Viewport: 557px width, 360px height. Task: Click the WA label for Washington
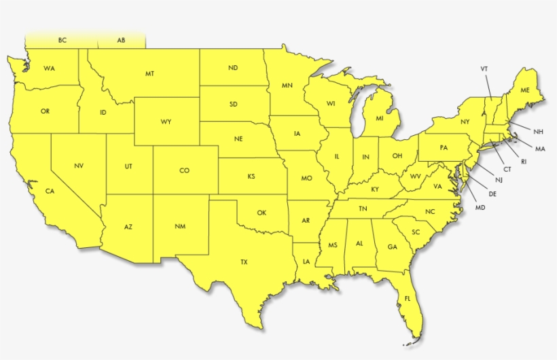(x=49, y=69)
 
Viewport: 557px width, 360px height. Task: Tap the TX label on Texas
(x=244, y=262)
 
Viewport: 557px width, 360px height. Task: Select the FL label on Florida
(x=408, y=299)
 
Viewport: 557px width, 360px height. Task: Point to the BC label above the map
(x=62, y=41)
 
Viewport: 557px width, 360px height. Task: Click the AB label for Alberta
(x=121, y=41)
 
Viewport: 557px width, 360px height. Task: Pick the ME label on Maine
(x=525, y=90)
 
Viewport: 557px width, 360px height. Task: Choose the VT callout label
(x=484, y=69)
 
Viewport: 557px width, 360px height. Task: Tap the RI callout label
(x=524, y=162)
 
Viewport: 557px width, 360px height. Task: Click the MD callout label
(x=480, y=207)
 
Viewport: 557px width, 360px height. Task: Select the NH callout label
(x=538, y=132)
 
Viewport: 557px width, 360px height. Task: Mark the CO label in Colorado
(x=184, y=170)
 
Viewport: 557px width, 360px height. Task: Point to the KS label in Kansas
(x=251, y=177)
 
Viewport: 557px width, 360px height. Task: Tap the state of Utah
(x=128, y=166)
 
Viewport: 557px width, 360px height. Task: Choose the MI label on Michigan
(x=379, y=119)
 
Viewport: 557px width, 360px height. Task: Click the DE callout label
(x=493, y=194)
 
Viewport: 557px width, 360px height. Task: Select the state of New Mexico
(x=179, y=226)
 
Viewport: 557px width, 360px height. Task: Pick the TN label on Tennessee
(x=363, y=209)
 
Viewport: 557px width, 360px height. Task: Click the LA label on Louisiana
(x=306, y=262)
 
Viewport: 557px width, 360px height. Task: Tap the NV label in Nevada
(x=79, y=166)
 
